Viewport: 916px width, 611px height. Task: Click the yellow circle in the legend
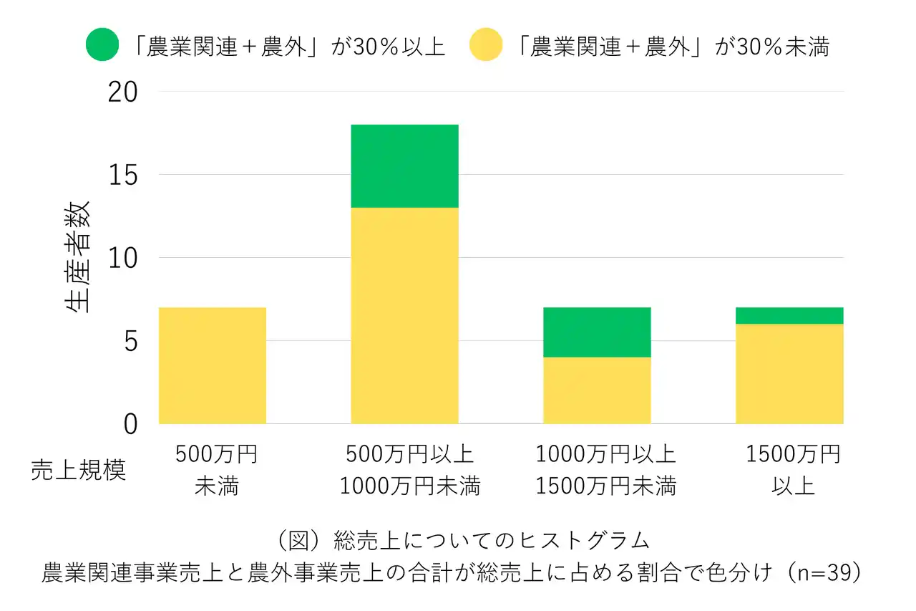point(485,45)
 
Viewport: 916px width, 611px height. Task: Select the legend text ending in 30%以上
point(289,46)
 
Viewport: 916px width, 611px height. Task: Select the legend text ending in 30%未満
point(673,46)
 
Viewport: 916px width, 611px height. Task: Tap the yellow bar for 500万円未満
point(212,365)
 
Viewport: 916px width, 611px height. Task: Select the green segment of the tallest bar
point(404,166)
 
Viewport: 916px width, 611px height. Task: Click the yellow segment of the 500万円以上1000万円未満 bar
point(404,315)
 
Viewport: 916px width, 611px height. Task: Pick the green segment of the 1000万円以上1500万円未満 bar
point(597,332)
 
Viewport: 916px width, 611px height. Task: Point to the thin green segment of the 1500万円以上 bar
point(789,316)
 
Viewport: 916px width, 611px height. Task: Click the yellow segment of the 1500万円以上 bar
point(789,374)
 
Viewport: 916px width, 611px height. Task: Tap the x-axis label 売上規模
point(78,470)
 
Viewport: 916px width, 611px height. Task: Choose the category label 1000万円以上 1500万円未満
point(605,470)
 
